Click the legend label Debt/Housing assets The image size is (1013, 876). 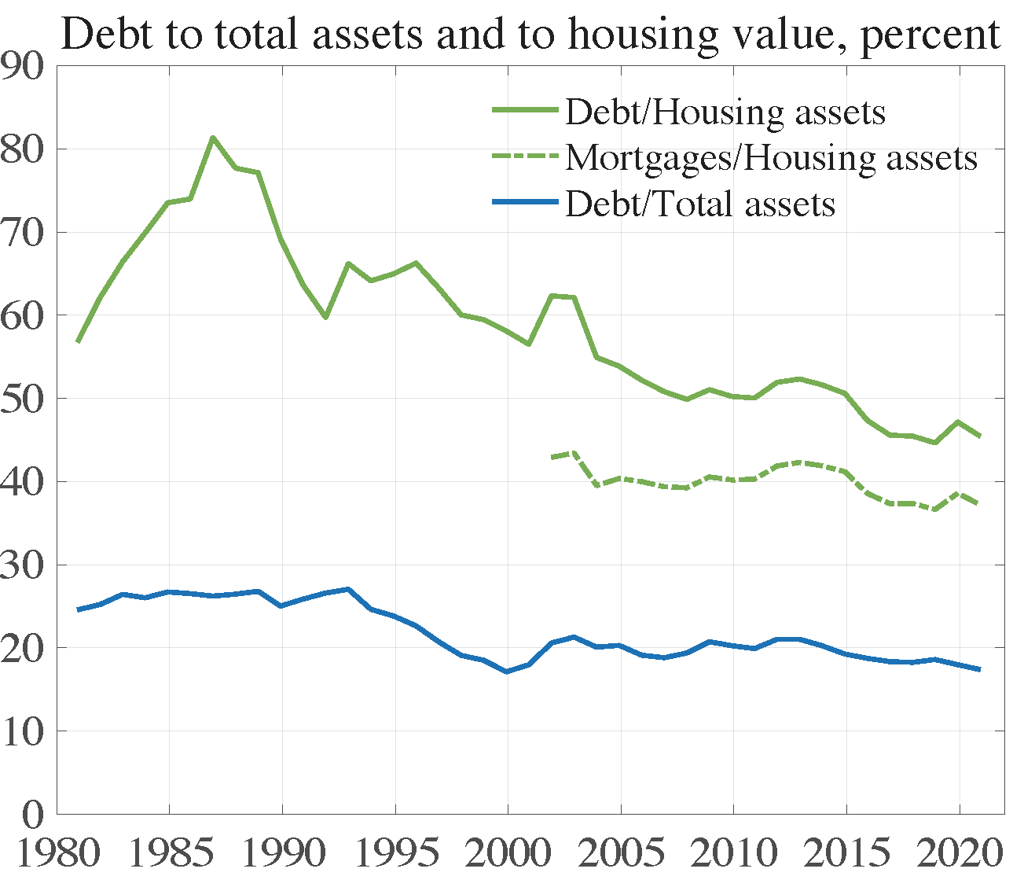(725, 112)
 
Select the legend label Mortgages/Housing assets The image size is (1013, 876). (771, 158)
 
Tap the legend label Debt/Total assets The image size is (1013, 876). (699, 204)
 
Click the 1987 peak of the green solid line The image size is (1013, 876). (213, 138)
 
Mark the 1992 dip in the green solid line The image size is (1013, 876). (325, 317)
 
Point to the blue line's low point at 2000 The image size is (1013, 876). (508, 672)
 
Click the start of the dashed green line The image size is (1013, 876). (552, 457)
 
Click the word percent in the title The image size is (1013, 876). (930, 35)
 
